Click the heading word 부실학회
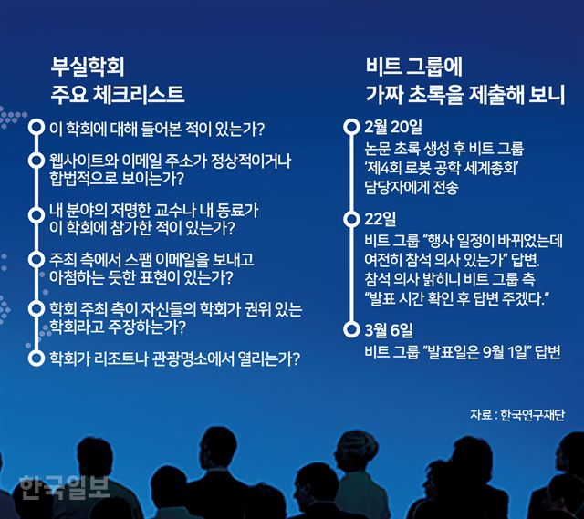pyautogui.click(x=88, y=67)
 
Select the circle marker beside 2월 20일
pyautogui.click(x=351, y=127)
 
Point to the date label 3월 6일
pyautogui.click(x=389, y=330)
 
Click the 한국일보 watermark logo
pyautogui.click(x=64, y=487)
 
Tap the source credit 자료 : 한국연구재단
pyautogui.click(x=517, y=414)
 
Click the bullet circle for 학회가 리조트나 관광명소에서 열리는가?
pyautogui.click(x=36, y=358)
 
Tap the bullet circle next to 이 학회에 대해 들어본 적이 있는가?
pyautogui.click(x=36, y=128)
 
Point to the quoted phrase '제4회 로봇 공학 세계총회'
pyautogui.click(x=443, y=168)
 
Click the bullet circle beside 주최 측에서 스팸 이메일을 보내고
pyautogui.click(x=36, y=259)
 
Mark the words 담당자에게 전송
pyautogui.click(x=412, y=187)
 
